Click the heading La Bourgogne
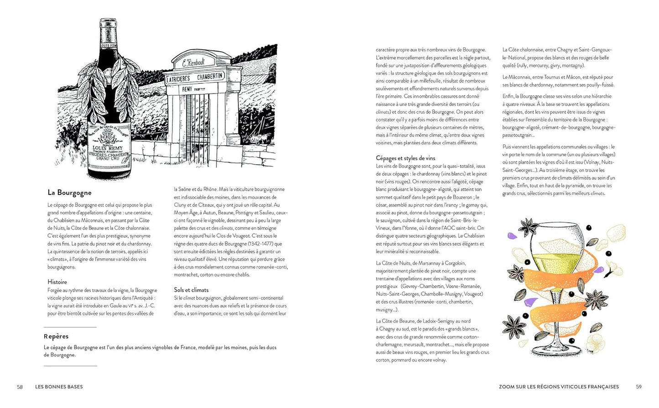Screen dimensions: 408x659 pyautogui.click(x=69, y=193)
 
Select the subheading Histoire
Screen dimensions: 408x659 pyautogui.click(x=57, y=282)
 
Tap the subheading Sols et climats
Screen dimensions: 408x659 pyautogui.click(x=191, y=290)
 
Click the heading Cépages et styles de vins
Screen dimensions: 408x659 pyautogui.click(x=405, y=158)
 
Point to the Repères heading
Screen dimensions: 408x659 pyautogui.click(x=56, y=336)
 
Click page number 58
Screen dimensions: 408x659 pyautogui.click(x=20, y=387)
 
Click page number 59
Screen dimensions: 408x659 pyautogui.click(x=638, y=387)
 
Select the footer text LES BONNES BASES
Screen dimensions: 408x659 pyautogui.click(x=59, y=387)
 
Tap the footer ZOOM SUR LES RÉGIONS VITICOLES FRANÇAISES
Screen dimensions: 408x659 pyautogui.click(x=559, y=387)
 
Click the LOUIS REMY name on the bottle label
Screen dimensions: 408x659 pyautogui.click(x=108, y=148)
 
